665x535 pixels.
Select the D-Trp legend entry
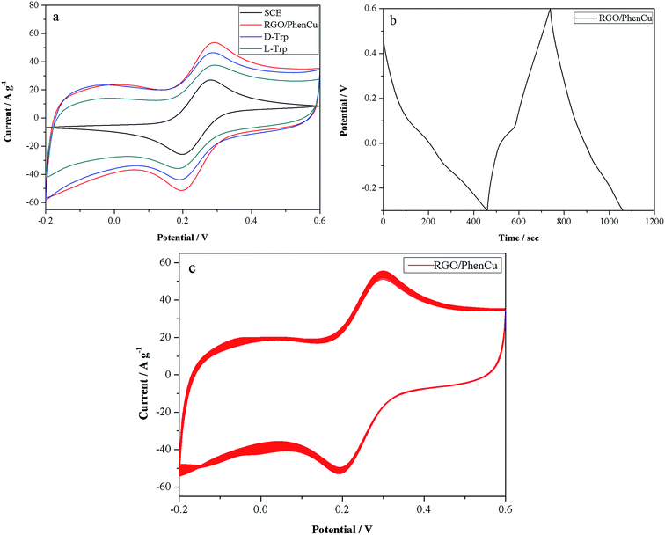tap(296, 36)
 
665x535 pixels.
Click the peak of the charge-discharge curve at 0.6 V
tap(551, 9)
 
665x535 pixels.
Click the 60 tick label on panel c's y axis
tap(165, 262)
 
